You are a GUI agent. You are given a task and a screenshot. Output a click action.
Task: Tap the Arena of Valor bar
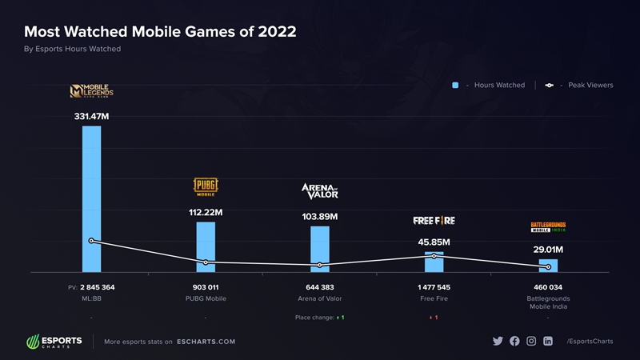tap(320, 249)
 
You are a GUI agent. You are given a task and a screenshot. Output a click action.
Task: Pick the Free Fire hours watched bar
tap(434, 262)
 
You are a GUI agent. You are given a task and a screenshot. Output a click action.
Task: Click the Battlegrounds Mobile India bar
tap(548, 266)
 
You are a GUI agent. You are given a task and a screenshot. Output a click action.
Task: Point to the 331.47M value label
tap(91, 117)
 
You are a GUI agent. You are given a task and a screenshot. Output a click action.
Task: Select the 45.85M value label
tap(434, 242)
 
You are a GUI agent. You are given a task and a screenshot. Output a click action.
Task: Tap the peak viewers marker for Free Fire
tap(434, 256)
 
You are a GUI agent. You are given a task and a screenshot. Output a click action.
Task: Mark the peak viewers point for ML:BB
tap(91, 241)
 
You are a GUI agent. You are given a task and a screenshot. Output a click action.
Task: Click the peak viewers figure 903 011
tap(206, 287)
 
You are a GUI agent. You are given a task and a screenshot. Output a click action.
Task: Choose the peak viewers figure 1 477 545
tap(434, 287)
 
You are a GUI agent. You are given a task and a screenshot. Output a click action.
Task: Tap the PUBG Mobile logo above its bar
tap(206, 187)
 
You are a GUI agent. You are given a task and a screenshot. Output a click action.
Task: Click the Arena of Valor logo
tap(320, 190)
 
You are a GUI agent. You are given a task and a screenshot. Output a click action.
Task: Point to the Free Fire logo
tap(434, 220)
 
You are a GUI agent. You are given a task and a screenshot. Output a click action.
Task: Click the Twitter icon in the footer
tap(498, 341)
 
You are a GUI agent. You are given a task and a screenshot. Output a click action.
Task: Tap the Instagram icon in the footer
tap(531, 341)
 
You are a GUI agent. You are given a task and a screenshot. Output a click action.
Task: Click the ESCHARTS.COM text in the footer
tap(206, 342)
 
